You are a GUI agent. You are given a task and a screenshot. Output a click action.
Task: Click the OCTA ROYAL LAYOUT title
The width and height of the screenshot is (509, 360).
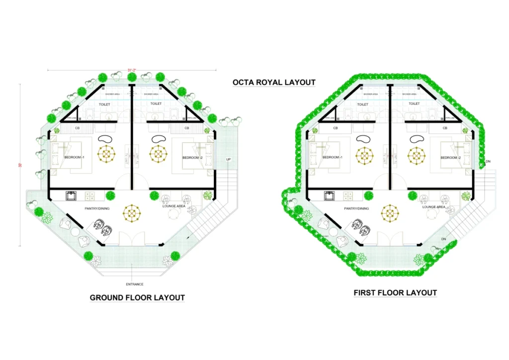(274, 82)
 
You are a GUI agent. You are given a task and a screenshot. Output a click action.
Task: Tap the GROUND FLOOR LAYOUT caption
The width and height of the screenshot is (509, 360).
(137, 298)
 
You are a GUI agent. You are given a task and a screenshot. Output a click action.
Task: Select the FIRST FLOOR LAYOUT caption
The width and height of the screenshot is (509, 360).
(395, 293)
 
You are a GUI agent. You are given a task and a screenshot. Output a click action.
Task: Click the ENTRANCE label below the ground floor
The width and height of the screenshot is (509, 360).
(134, 284)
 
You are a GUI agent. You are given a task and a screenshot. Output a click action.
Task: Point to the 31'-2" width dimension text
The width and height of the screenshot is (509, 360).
(132, 71)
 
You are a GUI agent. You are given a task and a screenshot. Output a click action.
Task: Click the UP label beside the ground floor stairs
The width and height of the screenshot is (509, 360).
(228, 160)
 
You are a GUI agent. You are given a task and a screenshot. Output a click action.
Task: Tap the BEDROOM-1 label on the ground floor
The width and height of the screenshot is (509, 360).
(75, 158)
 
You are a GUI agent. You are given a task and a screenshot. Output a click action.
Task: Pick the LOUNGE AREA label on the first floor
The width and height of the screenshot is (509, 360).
(433, 207)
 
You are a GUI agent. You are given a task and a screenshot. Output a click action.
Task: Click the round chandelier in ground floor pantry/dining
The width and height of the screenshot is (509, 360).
(132, 214)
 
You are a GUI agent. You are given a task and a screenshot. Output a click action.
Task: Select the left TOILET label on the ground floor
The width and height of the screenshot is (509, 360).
(105, 104)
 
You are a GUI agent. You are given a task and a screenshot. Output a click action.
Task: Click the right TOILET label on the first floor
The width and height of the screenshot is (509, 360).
(414, 104)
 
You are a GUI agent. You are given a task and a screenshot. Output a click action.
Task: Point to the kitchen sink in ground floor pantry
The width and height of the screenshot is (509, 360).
(70, 195)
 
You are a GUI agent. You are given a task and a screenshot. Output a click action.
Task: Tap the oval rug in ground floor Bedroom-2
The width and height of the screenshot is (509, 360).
(158, 139)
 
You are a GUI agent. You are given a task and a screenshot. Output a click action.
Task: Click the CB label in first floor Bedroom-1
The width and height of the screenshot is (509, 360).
(336, 128)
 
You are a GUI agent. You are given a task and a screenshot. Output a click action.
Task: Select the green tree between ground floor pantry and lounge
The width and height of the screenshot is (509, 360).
(110, 195)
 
